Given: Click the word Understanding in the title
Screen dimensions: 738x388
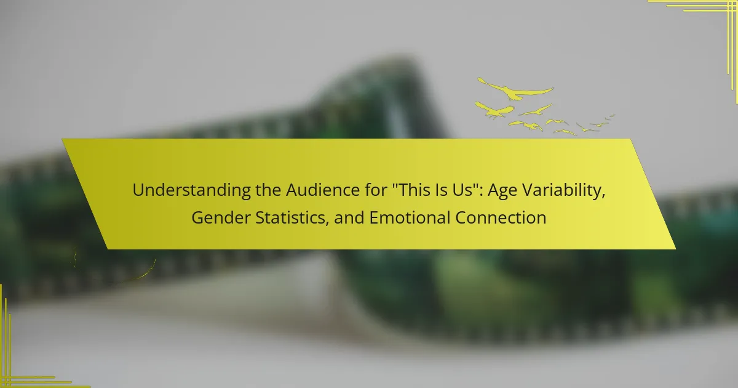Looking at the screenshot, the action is pos(191,190).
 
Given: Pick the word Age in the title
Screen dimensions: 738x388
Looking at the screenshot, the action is pos(502,191).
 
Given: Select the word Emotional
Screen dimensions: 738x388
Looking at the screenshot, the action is pos(410,218).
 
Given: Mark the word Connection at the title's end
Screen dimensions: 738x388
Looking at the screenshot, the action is pos(501,218).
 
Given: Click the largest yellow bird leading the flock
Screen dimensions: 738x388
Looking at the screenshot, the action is pos(515,90).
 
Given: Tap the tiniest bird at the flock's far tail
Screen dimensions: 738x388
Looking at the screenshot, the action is pos(611,116).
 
